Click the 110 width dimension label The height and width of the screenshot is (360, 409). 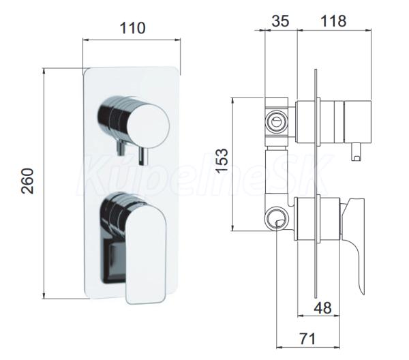[x=132, y=28]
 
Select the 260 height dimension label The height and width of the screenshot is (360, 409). [x=28, y=181]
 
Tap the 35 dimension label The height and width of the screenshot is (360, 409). [x=280, y=21]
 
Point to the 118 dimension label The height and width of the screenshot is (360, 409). [x=333, y=21]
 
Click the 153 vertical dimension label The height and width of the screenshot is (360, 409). [x=222, y=161]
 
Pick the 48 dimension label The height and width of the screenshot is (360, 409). [x=323, y=307]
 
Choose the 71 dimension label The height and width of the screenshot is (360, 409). [x=308, y=339]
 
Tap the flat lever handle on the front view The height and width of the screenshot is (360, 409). [x=146, y=253]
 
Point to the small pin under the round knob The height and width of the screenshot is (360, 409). [x=143, y=156]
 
